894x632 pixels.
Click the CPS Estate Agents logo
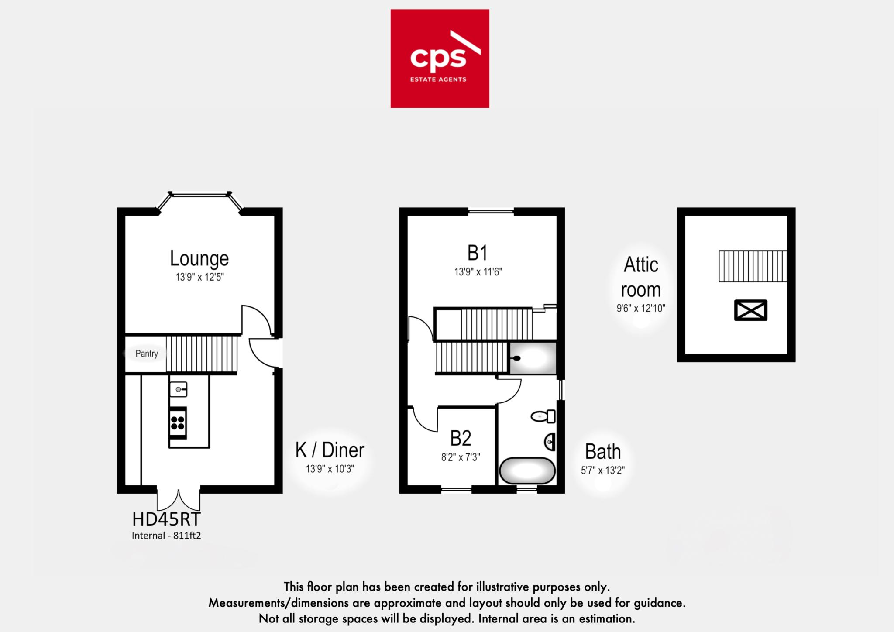click(x=440, y=58)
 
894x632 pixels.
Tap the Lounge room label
click(x=199, y=258)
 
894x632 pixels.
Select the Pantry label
click(x=146, y=354)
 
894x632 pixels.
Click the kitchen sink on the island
click(x=178, y=389)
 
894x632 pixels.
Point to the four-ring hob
click(x=178, y=422)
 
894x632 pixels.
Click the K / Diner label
click(x=330, y=450)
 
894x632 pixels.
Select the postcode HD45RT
click(x=166, y=519)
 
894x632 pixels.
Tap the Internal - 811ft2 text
click(x=166, y=536)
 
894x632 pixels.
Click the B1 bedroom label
click(x=477, y=253)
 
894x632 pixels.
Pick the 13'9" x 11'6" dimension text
click(x=478, y=272)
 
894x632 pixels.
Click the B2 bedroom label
click(x=461, y=438)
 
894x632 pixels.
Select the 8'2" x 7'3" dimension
click(x=461, y=457)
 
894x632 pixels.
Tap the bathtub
click(x=527, y=471)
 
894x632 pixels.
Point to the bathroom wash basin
click(x=550, y=443)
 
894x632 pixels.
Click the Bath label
click(x=602, y=452)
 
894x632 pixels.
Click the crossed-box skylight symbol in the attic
click(x=750, y=310)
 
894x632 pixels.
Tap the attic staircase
click(x=753, y=266)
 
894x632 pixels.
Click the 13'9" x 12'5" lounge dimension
click(x=199, y=277)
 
